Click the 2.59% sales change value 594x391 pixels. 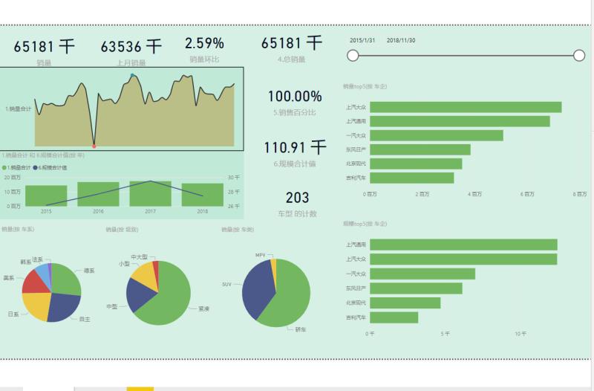pyautogui.click(x=204, y=43)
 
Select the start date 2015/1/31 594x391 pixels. pyautogui.click(x=362, y=40)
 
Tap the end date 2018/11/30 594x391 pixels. pyautogui.click(x=401, y=40)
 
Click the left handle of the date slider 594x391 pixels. pyautogui.click(x=353, y=55)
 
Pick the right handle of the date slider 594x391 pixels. pyautogui.click(x=579, y=55)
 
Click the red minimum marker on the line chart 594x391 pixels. pyautogui.click(x=94, y=146)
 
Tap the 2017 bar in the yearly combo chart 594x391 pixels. pyautogui.click(x=151, y=193)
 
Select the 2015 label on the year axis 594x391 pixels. pyautogui.click(x=46, y=212)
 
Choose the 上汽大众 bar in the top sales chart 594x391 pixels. pyautogui.click(x=465, y=107)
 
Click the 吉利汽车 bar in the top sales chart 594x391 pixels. pyautogui.click(x=411, y=178)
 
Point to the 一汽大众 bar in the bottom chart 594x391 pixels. pyautogui.click(x=422, y=274)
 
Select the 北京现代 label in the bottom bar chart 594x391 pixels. pyautogui.click(x=356, y=303)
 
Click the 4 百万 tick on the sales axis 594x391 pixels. pyautogui.click(x=475, y=194)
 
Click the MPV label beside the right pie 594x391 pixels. pyautogui.click(x=260, y=255)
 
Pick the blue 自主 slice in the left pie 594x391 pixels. pyautogui.click(x=65, y=306)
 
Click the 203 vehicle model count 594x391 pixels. pyautogui.click(x=297, y=198)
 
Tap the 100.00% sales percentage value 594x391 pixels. pyautogui.click(x=295, y=97)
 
